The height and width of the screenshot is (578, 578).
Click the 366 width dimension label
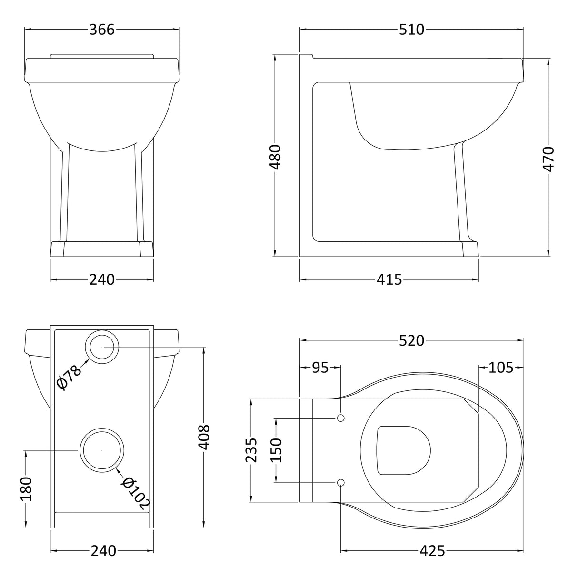102,30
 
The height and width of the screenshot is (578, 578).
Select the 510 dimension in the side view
411,30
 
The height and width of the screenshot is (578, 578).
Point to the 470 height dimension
548,159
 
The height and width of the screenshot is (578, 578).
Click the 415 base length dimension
389,279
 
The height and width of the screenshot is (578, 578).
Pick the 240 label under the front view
102,279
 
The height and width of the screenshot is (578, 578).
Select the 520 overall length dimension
411,341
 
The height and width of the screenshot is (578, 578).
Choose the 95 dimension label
320,368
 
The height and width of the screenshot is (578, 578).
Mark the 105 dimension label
501,368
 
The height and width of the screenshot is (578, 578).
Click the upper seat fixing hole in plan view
340,418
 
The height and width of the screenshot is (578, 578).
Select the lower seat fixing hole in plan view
340,482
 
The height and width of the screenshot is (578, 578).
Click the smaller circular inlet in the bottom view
101,347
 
